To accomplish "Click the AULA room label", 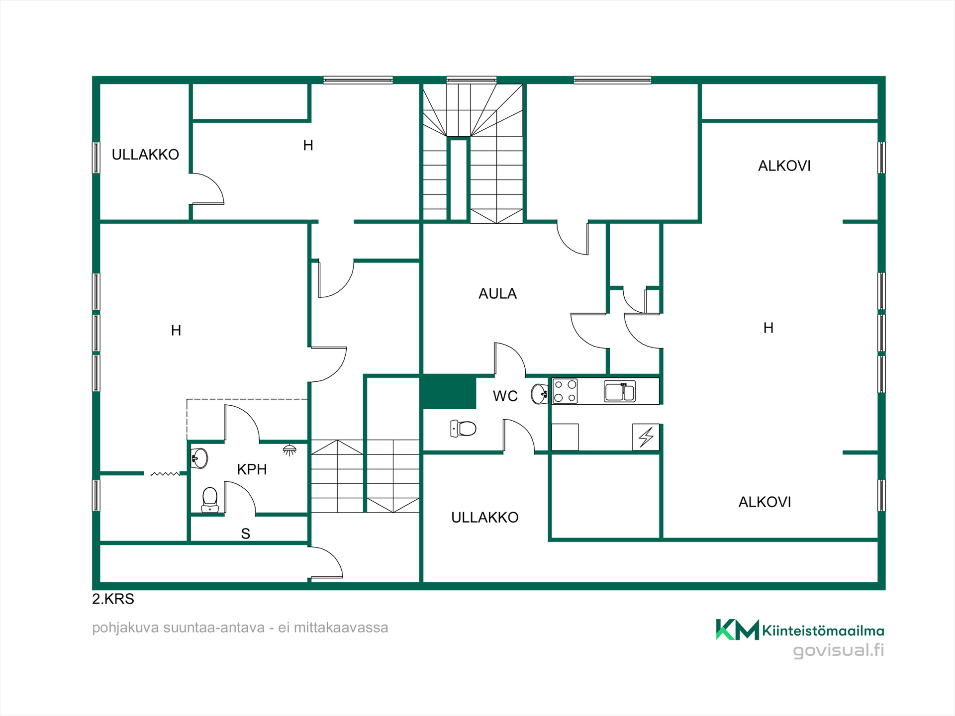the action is point(497,294).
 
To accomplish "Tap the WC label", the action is point(505,396).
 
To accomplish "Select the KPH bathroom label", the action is point(252,469).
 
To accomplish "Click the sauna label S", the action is point(245,534).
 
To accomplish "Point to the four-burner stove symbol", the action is point(566,391).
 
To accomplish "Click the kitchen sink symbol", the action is point(620,391).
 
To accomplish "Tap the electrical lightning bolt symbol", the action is point(646,437).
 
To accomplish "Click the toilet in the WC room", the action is point(463,428).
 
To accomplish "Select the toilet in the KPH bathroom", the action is point(210,500).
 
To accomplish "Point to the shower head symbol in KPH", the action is point(289,450).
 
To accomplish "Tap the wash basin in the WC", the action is point(539,394).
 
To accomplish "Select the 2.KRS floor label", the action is point(113,599).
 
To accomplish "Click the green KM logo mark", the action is point(737,629).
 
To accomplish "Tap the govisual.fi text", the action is point(839,651).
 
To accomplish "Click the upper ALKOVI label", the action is point(784,166).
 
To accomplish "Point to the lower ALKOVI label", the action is point(764,502).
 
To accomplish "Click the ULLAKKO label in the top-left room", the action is point(145,155).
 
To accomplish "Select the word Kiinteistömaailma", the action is point(823,631).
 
